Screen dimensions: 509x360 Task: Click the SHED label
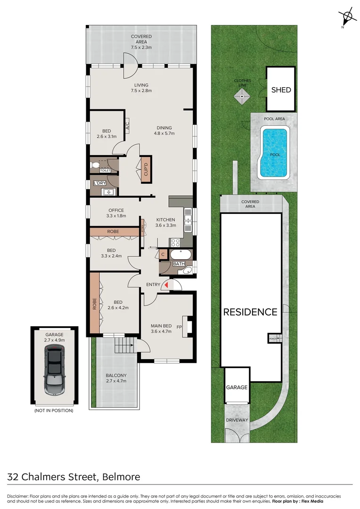click(281, 90)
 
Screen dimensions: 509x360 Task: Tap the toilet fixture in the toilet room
click(97, 164)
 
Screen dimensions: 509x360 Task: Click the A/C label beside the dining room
click(127, 126)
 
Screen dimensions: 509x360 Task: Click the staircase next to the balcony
click(124, 348)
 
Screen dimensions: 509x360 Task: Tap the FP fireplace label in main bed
click(179, 326)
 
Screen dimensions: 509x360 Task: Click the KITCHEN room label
click(165, 220)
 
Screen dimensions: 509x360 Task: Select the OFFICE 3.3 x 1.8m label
click(116, 213)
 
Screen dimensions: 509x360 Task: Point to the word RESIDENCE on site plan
click(250, 312)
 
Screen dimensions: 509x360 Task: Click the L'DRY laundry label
click(100, 183)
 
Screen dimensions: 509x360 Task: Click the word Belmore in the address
click(121, 476)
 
